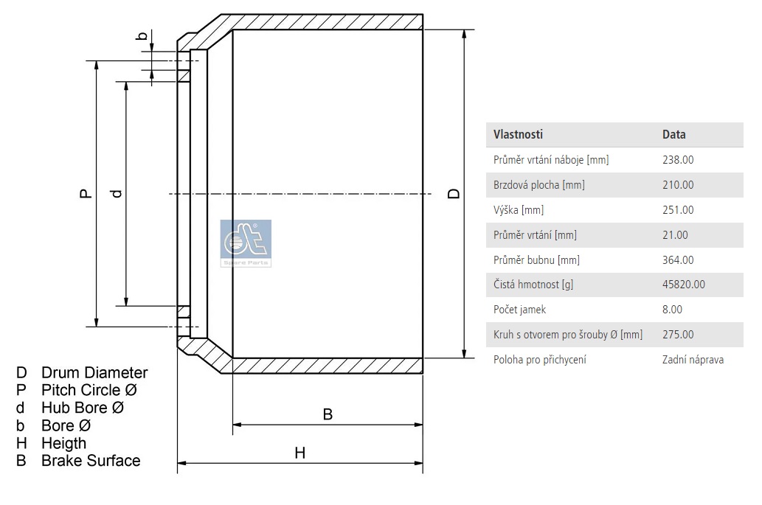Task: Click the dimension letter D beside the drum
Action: click(454, 193)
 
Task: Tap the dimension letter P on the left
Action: click(86, 193)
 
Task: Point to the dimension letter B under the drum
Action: click(328, 414)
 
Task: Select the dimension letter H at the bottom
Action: click(299, 453)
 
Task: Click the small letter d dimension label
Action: click(117, 193)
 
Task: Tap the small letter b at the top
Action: click(142, 35)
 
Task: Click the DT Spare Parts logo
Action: click(246, 243)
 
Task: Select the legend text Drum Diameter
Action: click(94, 372)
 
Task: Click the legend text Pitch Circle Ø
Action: click(89, 390)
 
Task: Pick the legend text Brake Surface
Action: click(91, 460)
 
